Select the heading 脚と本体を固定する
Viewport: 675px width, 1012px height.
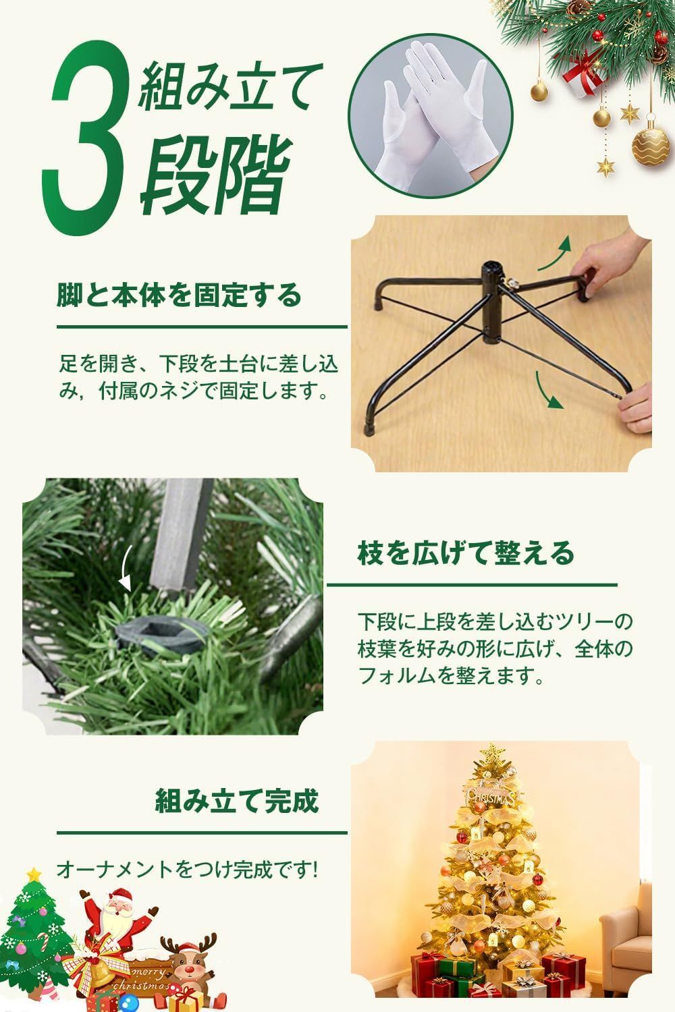178,295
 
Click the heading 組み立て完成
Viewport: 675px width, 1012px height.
236,802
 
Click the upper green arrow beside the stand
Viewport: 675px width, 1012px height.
558,253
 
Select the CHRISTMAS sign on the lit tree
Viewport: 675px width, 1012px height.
493,793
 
